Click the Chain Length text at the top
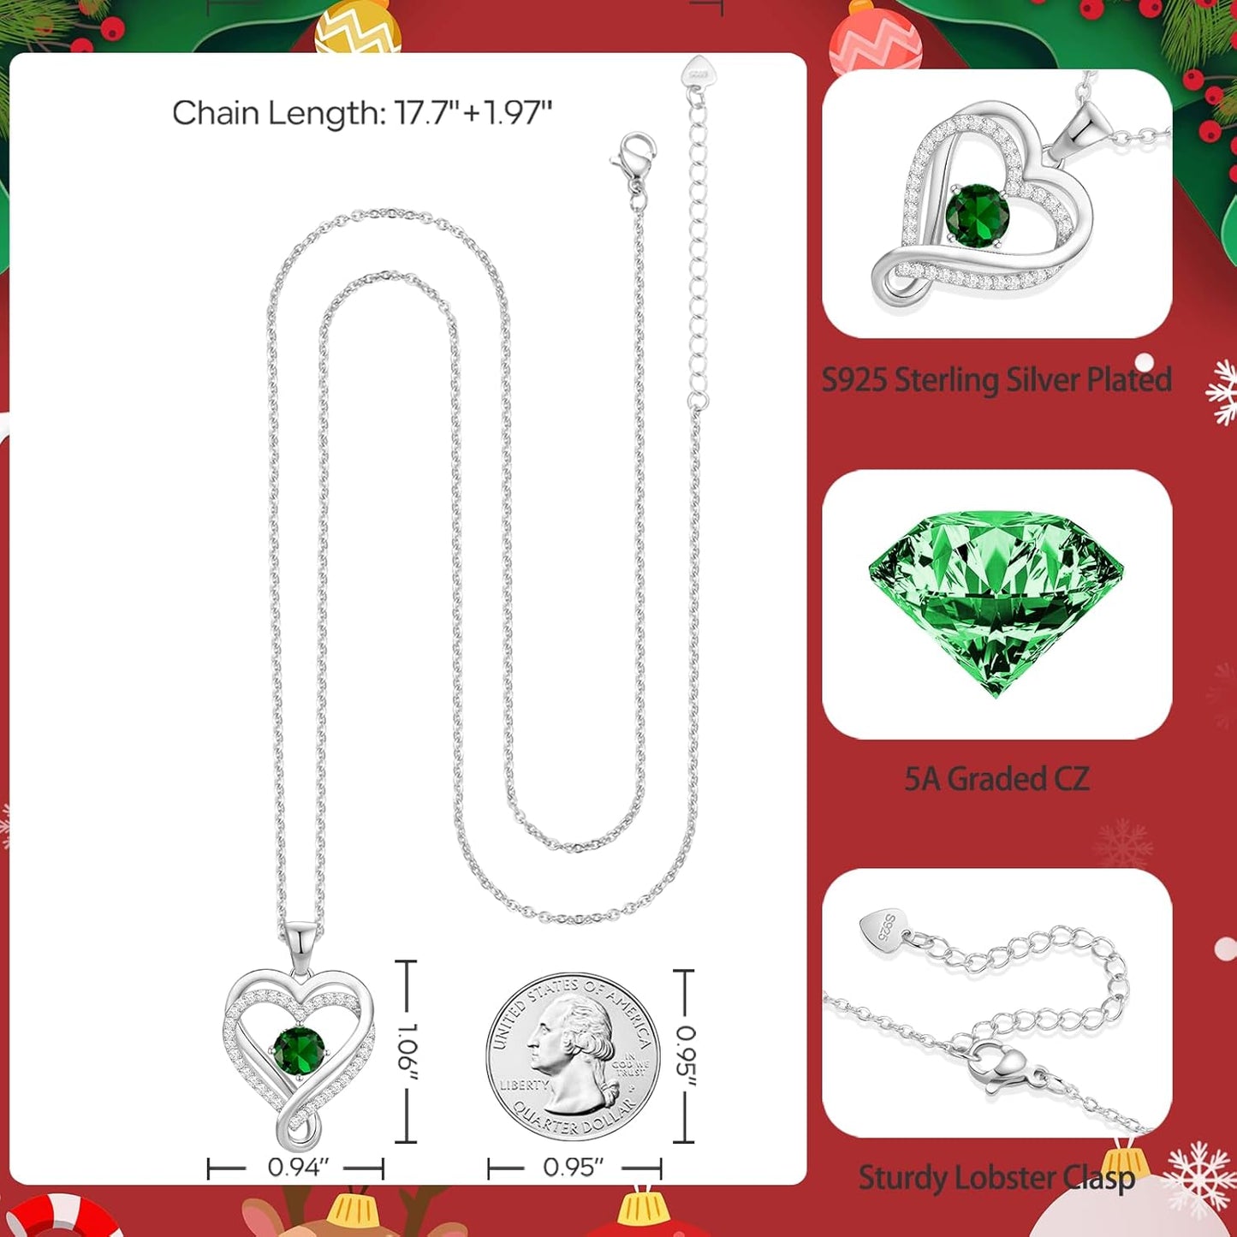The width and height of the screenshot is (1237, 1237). click(362, 113)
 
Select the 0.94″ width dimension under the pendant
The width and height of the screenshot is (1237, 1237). click(298, 1168)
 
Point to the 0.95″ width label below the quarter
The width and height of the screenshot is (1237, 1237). click(574, 1168)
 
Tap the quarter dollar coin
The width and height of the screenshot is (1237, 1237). click(573, 1056)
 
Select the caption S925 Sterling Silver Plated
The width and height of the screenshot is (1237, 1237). click(997, 379)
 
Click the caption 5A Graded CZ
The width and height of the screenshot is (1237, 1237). click(997, 779)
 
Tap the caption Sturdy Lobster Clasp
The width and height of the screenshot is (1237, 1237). click(997, 1178)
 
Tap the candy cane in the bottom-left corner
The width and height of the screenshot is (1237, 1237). click(61, 1216)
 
